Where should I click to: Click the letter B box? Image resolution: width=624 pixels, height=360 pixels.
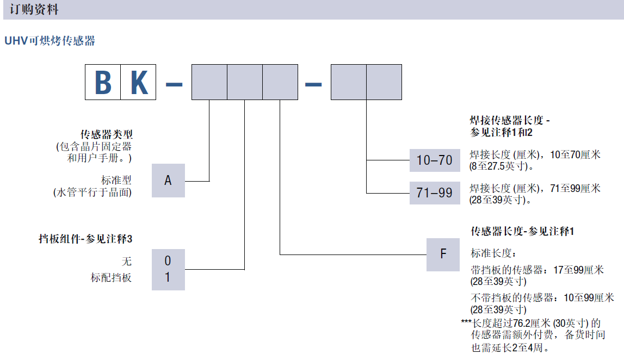[103, 82]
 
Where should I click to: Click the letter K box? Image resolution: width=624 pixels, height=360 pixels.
[138, 82]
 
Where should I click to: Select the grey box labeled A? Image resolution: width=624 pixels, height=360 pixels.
[168, 180]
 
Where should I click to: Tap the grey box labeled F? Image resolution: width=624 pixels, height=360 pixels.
[443, 254]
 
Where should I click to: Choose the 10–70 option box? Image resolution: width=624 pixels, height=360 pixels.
[434, 160]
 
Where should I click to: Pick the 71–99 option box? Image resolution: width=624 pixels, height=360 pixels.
[434, 193]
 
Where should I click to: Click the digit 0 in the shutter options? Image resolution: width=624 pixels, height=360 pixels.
[168, 261]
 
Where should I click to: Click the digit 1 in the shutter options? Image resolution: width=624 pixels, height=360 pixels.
[168, 277]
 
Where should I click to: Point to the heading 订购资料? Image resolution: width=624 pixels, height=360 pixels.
[34, 10]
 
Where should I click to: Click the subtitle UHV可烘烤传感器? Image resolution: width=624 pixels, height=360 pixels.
[50, 41]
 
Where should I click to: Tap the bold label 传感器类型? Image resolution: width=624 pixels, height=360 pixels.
[106, 134]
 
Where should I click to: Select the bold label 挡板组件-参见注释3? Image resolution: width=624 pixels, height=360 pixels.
[85, 239]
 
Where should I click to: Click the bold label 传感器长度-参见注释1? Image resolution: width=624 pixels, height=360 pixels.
[522, 231]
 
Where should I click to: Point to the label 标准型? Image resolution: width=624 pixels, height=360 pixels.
[116, 180]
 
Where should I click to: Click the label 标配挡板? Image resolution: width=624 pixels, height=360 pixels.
[111, 277]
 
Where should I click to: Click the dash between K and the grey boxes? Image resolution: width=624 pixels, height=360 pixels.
[174, 83]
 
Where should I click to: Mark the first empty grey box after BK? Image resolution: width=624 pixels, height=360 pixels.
[209, 82]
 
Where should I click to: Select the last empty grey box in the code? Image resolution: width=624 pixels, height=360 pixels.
[384, 82]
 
